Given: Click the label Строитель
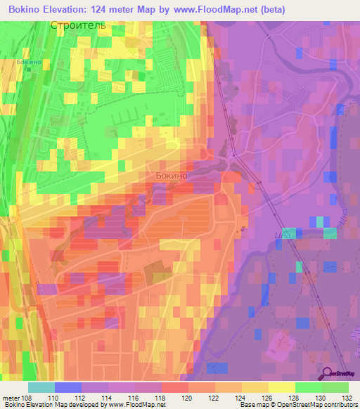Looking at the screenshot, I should (78, 25).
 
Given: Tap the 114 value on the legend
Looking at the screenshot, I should (108, 397).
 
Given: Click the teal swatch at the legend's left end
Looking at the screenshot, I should (41, 387).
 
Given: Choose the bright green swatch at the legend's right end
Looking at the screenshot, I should (335, 387).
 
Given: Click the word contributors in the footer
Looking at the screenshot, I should (340, 405).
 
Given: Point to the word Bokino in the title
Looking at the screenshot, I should (22, 8).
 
